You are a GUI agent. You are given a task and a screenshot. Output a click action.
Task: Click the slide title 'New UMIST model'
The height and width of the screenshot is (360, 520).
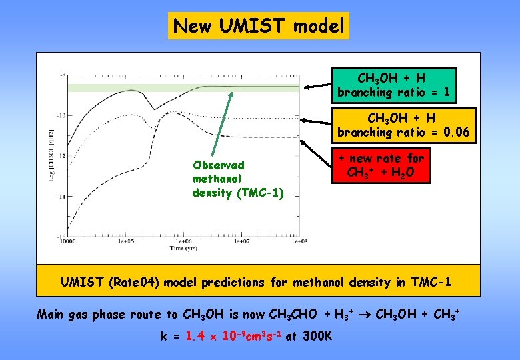[259, 26]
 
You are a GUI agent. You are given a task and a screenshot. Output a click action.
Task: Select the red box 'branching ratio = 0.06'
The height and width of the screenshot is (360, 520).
[402, 125]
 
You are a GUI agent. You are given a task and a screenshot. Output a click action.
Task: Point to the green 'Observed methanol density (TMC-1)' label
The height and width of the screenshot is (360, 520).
[219, 179]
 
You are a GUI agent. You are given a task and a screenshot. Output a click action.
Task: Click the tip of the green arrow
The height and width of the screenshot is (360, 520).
[231, 91]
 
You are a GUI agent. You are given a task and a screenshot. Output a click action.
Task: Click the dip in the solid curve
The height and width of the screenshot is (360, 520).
[154, 109]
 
